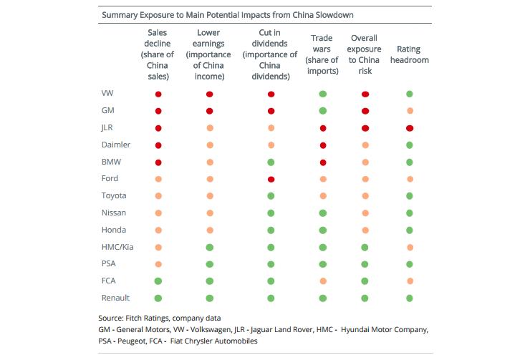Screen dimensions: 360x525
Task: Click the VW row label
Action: [x=107, y=94]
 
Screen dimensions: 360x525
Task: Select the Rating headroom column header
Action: [x=413, y=54]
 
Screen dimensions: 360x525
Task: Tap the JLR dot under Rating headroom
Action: [x=410, y=128]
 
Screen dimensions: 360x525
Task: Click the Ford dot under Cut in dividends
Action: [x=271, y=179]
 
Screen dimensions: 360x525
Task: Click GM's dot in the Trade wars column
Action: [x=323, y=111]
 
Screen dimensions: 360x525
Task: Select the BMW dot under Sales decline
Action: [x=158, y=162]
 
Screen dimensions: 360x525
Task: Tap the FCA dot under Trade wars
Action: [x=323, y=281]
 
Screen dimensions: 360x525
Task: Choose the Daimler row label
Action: [x=116, y=145]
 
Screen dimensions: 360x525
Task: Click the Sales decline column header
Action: [x=158, y=54]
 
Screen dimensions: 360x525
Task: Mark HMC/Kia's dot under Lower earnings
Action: [x=210, y=247]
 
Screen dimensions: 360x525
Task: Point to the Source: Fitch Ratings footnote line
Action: [x=149, y=317]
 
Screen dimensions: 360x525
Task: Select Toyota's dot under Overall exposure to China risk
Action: [x=365, y=196]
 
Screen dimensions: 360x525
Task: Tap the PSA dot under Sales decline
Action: [x=158, y=264]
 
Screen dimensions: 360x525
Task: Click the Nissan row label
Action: [x=114, y=213]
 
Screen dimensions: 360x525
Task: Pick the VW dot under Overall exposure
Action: [x=365, y=94]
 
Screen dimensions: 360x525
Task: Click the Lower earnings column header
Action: [x=210, y=54]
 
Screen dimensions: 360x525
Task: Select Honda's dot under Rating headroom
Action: [x=410, y=230]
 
